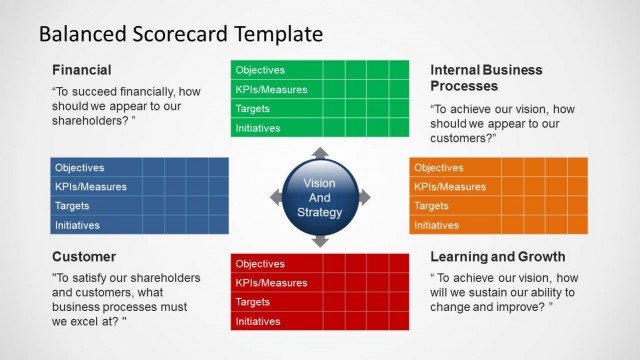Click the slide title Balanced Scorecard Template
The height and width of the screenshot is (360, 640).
pos(180,33)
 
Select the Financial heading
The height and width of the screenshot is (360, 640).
pos(81,70)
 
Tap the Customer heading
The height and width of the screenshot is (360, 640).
pos(85,257)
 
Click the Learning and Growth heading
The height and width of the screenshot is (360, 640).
pos(497,257)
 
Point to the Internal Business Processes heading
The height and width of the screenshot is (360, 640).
pos(486,78)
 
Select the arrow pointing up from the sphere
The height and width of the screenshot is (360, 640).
pos(320,153)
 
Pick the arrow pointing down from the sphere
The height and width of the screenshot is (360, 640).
pos(320,242)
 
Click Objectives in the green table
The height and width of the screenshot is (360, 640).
pos(260,70)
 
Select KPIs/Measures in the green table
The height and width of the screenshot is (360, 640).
pos(271,90)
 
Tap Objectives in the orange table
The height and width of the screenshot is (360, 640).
pos(439,168)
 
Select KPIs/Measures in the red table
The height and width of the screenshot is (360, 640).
pos(271,283)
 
